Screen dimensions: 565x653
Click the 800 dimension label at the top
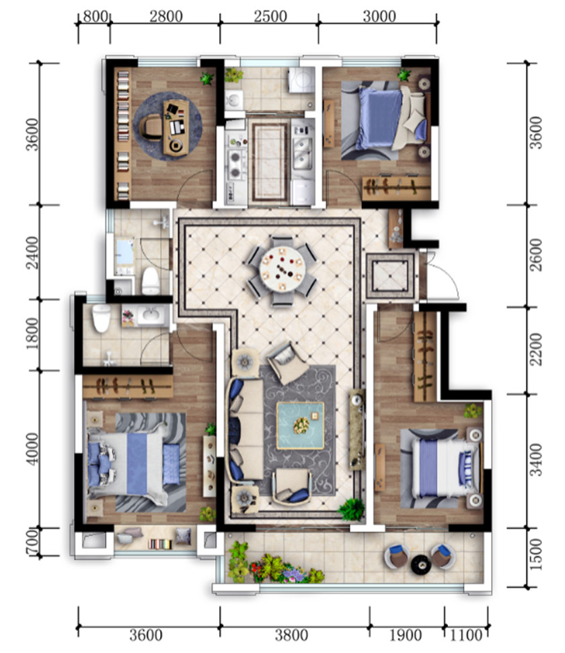[x=96, y=17]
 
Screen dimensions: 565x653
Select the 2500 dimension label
[x=270, y=17]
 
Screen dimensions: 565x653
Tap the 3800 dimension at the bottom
[x=291, y=635]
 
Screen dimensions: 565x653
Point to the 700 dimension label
[x=32, y=542]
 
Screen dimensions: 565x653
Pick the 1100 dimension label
[x=466, y=635]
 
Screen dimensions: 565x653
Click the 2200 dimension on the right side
[x=536, y=349]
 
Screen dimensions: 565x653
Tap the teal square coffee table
[x=301, y=425]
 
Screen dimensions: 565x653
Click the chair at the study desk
[x=150, y=127]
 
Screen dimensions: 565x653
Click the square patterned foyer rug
[x=390, y=276]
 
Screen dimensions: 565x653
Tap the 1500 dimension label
[x=536, y=555]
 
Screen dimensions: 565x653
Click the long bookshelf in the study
[x=122, y=134]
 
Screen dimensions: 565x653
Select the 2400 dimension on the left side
[x=32, y=252]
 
